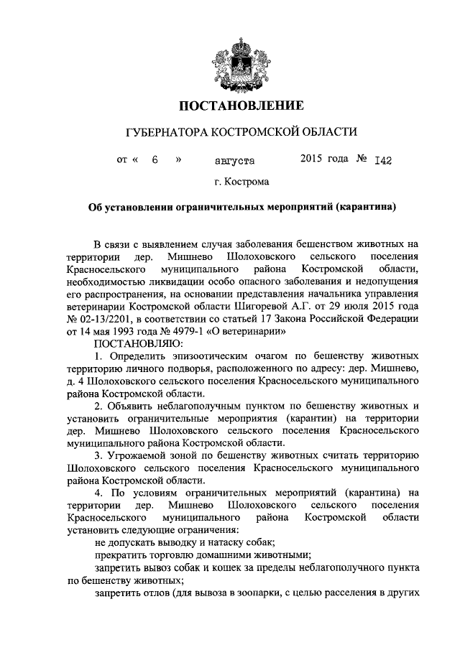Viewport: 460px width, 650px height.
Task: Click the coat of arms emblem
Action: pos(230,60)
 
